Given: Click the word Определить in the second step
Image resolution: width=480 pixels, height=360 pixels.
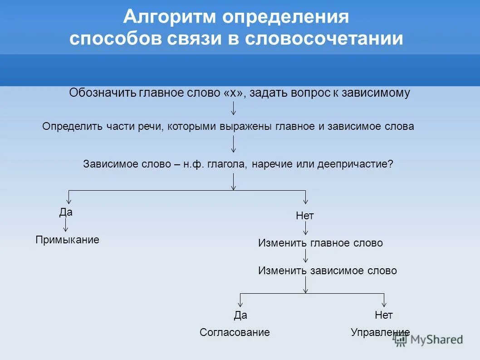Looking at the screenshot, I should coord(68,127).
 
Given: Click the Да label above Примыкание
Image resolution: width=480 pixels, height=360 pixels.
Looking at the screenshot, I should coord(66,212).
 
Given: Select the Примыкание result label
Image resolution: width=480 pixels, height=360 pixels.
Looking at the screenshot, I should coord(67,240).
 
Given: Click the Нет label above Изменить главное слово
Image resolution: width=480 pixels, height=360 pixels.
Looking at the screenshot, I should coord(305,216).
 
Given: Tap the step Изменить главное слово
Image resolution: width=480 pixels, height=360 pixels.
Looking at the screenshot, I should coord(320,243).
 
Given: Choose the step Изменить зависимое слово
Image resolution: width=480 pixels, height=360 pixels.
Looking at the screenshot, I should coord(328,271).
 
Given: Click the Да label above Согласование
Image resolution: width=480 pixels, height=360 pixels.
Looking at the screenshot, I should coord(240,315).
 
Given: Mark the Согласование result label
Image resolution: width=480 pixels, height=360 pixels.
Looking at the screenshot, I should coord(235,332).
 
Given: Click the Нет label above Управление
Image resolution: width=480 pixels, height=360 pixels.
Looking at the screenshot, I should coord(384,315).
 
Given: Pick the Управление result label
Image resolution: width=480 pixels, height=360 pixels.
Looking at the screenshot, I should coord(380,332).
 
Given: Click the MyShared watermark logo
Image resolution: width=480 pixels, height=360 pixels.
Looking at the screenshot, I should coord(429,340).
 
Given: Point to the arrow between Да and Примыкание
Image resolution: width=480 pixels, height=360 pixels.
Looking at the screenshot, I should coord(66,225).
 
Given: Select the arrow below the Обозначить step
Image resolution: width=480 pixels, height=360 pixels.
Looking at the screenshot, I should coord(233,108).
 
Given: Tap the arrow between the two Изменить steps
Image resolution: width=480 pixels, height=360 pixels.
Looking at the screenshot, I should coord(306,256).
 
